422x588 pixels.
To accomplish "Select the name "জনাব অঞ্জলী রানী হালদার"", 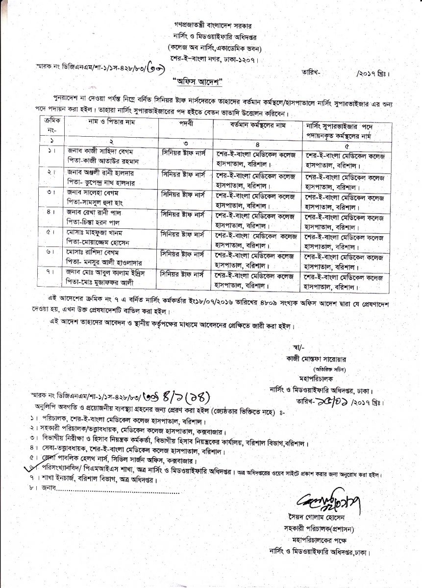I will click(98, 173).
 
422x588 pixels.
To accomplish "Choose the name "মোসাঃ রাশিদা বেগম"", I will click(91, 252).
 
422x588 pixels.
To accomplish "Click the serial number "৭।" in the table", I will click(50, 271).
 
